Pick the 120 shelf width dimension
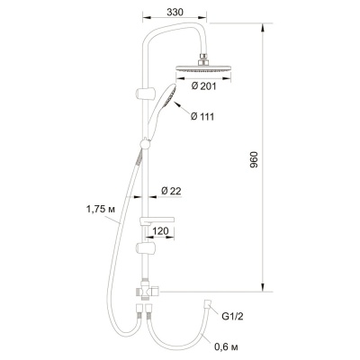163,231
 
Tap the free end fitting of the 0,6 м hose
210,305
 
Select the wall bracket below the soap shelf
143,247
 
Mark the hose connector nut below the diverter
143,313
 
